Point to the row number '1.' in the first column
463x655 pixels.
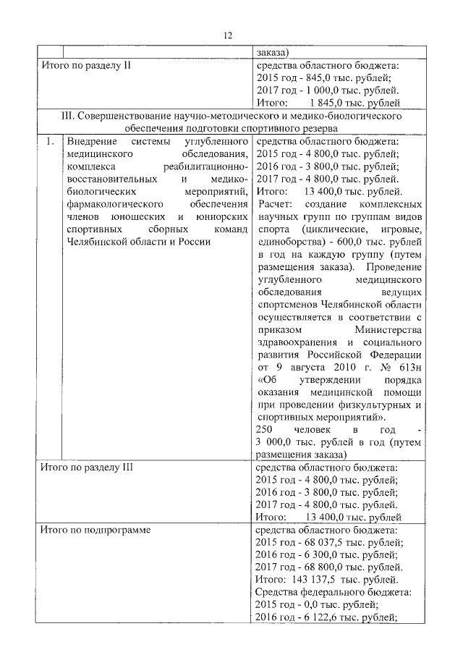tap(48, 141)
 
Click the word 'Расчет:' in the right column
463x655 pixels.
tap(275, 205)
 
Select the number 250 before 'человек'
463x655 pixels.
tap(266, 430)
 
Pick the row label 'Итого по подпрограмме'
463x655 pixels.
tap(95, 530)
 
